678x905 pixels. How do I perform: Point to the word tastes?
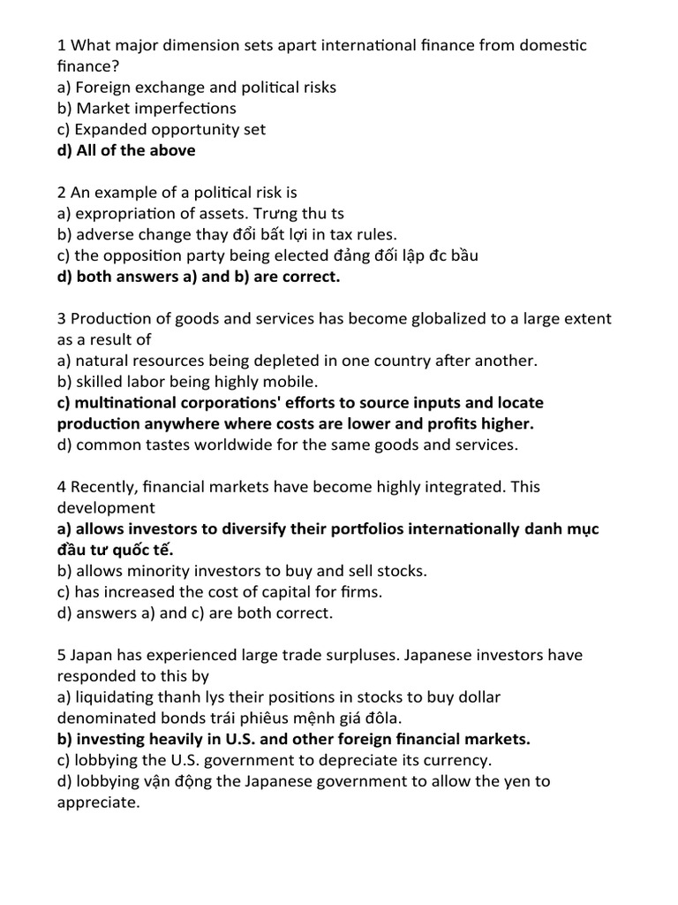pos(167,445)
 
